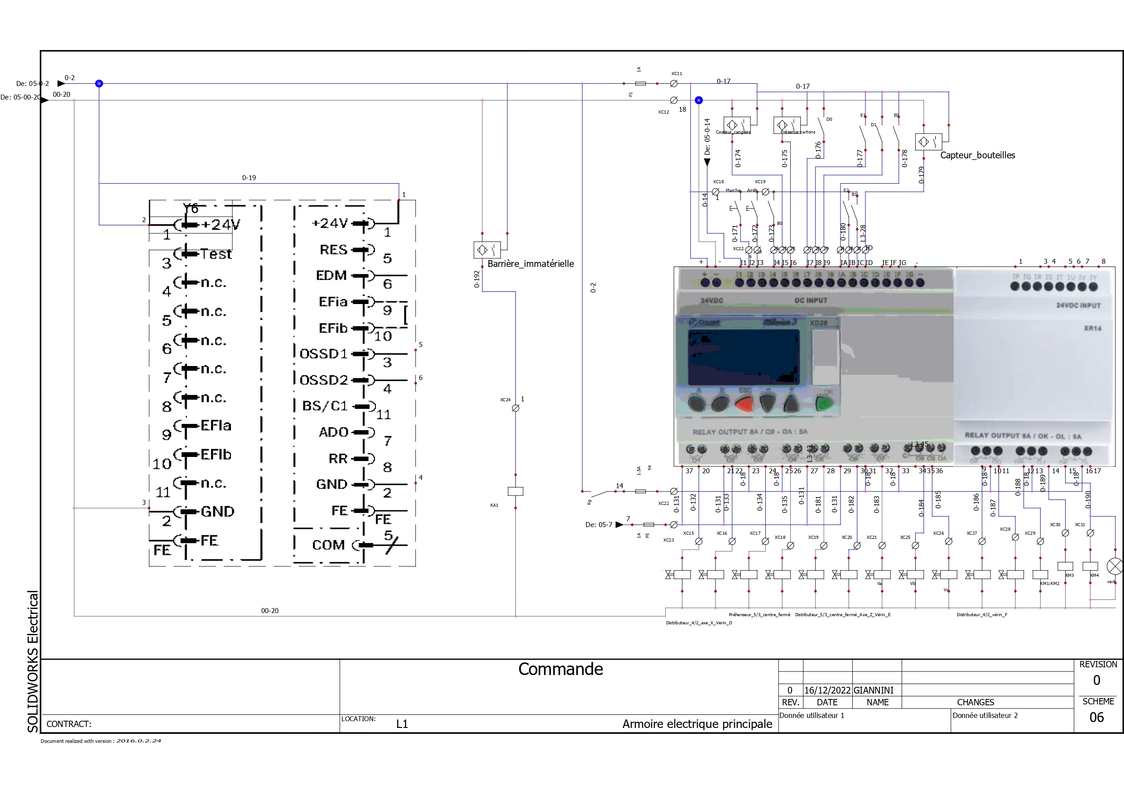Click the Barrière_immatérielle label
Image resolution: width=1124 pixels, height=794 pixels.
pos(530,264)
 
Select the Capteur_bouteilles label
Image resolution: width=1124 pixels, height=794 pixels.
pos(977,155)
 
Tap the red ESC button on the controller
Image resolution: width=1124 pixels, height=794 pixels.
pos(744,404)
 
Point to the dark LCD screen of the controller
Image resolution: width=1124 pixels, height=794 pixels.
pos(743,357)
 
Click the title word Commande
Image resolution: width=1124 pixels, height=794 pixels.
pos(561,669)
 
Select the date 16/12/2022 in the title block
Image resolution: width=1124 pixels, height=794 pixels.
pos(827,690)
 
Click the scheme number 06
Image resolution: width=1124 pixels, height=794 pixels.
pos(1096,717)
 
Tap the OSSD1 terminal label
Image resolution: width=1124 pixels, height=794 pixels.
pos(324,354)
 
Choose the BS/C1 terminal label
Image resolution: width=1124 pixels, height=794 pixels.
pos(325,406)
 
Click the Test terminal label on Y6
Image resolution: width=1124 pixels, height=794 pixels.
pos(216,254)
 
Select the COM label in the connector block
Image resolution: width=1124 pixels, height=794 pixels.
pos(328,545)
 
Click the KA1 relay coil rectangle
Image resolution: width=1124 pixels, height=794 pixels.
pos(515,491)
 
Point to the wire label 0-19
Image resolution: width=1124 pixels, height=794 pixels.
pos(249,178)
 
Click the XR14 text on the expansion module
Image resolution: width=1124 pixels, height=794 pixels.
pos(1092,328)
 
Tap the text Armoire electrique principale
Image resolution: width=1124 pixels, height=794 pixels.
pos(697,723)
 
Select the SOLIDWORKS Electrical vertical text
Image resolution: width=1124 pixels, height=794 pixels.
pos(33,661)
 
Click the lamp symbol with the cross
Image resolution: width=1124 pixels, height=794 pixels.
pos(1114,566)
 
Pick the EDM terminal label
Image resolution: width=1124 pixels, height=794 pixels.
pos(331,276)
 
